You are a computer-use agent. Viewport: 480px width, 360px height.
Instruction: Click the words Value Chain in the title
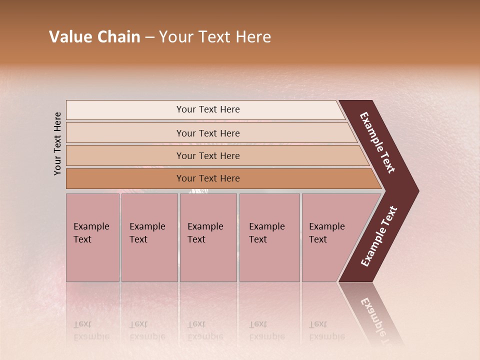click(x=94, y=37)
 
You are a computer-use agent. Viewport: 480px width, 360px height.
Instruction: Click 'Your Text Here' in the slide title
click(x=215, y=37)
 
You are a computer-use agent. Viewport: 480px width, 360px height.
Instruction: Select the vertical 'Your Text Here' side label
click(x=57, y=143)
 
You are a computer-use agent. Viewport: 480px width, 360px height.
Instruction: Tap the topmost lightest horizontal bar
click(x=207, y=109)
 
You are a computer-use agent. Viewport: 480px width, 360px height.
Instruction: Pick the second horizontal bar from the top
click(x=207, y=133)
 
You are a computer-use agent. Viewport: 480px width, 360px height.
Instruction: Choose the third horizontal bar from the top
click(x=207, y=155)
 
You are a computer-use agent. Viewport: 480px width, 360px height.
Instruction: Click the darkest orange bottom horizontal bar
click(x=207, y=178)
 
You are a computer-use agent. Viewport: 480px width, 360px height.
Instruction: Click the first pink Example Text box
click(x=92, y=237)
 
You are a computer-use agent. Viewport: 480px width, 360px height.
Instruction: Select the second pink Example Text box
click(x=149, y=237)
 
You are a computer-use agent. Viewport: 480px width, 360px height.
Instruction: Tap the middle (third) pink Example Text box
click(x=207, y=237)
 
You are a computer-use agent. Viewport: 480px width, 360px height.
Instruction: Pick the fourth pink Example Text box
click(x=269, y=237)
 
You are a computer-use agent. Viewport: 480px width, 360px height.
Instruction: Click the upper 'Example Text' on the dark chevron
click(x=377, y=142)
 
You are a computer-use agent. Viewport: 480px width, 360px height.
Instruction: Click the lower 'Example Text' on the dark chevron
click(x=378, y=236)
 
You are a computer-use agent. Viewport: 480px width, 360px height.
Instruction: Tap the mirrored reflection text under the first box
click(x=91, y=330)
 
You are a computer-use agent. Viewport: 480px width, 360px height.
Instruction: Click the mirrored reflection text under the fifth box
click(x=326, y=330)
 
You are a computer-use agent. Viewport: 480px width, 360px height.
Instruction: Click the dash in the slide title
click(x=149, y=37)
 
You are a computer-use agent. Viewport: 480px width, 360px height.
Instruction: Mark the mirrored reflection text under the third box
click(x=205, y=330)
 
